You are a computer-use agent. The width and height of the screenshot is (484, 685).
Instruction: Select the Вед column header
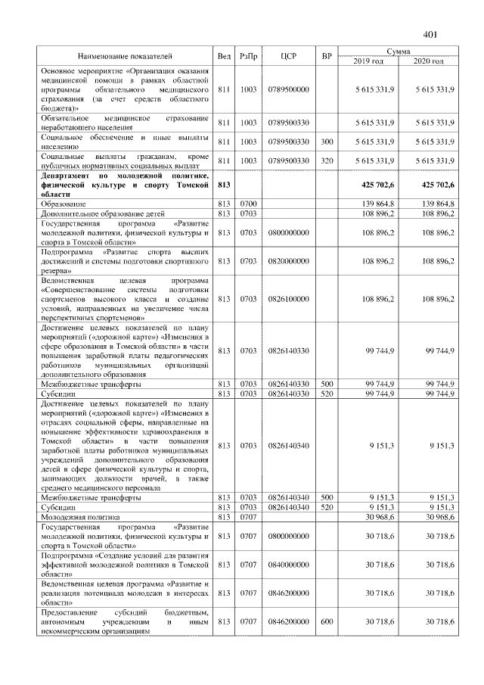(x=224, y=56)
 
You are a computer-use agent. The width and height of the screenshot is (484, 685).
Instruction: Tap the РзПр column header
(x=248, y=56)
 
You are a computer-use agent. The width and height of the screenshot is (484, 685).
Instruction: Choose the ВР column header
(x=327, y=56)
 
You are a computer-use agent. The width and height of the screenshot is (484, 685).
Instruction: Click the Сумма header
(x=398, y=51)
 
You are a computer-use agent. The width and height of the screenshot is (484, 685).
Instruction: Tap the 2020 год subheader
(x=428, y=61)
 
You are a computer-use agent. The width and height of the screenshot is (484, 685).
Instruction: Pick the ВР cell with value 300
(x=327, y=142)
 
